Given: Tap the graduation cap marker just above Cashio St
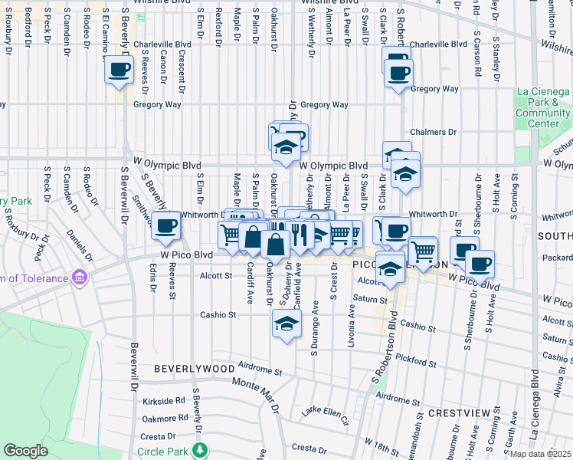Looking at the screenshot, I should pyautogui.click(x=286, y=325).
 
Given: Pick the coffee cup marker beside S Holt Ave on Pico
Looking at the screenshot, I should pyautogui.click(x=480, y=264).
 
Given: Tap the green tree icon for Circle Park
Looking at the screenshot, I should pyautogui.click(x=200, y=449).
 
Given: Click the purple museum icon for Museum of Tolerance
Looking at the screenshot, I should pyautogui.click(x=79, y=277).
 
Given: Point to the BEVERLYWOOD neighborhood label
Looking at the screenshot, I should pyautogui.click(x=194, y=369).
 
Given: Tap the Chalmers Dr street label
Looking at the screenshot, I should pyautogui.click(x=433, y=132).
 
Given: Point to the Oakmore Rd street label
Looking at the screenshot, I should pyautogui.click(x=164, y=418).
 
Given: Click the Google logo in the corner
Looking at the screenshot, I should pyautogui.click(x=25, y=451).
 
